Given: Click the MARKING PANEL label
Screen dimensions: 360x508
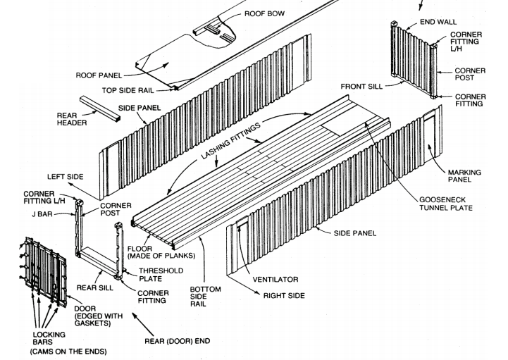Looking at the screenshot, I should tap(464, 176).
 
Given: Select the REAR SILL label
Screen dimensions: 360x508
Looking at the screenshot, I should tap(95, 287).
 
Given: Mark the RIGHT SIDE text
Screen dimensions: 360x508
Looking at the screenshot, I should tap(283, 295).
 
